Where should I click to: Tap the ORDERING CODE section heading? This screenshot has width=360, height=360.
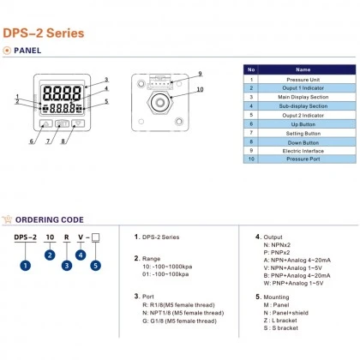pos(51,220)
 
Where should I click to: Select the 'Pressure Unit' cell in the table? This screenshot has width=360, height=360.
pos(303,78)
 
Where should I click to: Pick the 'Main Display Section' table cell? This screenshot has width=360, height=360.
pos(303,96)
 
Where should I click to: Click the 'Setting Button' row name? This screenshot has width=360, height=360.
pos(303,133)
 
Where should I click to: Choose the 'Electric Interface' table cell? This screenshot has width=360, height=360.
pos(303,151)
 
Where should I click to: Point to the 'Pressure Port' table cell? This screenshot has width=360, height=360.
pos(303,160)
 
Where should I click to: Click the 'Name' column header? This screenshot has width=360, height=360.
pos(303,69)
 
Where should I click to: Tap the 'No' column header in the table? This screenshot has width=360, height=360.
pos(251,69)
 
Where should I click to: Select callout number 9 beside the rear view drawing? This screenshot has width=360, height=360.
pos(198,74)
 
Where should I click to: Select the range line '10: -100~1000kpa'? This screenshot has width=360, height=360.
pos(171,266)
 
